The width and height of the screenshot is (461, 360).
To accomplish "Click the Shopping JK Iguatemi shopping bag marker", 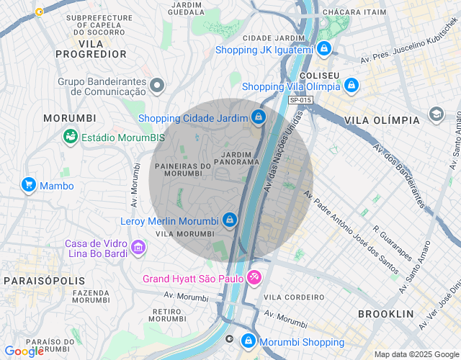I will tap(324, 49).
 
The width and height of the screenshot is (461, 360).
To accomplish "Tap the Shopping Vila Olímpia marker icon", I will tap(351, 86).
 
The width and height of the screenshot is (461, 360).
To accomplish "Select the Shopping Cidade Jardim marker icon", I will tap(258, 117).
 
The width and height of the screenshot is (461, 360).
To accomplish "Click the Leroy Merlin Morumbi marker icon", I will tap(229, 220).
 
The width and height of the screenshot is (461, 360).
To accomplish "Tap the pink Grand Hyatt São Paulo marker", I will tap(254, 277).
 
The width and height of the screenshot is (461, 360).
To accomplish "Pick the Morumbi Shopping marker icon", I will tap(248, 341).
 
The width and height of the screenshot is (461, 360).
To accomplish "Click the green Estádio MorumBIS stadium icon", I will tap(71, 135).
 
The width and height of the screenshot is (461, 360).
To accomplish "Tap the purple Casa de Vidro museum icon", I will tap(138, 248).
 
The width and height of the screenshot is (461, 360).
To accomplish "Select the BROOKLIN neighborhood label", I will tap(386, 314).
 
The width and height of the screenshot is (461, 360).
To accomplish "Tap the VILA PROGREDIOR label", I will tap(91, 48).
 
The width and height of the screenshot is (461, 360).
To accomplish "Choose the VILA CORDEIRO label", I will tap(294, 297).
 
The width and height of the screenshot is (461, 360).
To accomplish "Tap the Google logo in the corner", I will tap(24, 351).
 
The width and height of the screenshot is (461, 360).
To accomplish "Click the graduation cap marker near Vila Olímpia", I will tap(436, 114).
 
